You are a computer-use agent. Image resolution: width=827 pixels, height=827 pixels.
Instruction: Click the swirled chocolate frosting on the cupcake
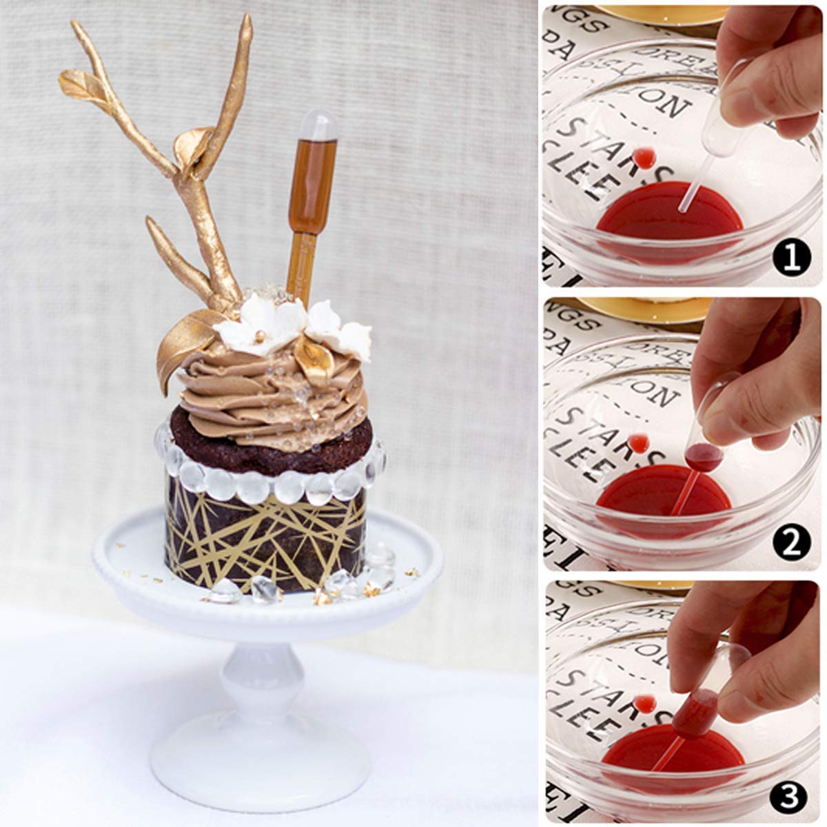coord(269,393)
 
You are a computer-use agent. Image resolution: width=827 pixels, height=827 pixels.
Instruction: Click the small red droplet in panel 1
coord(643,157)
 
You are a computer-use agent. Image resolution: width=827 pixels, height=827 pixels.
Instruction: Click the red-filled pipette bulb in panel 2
coord(703,457)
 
